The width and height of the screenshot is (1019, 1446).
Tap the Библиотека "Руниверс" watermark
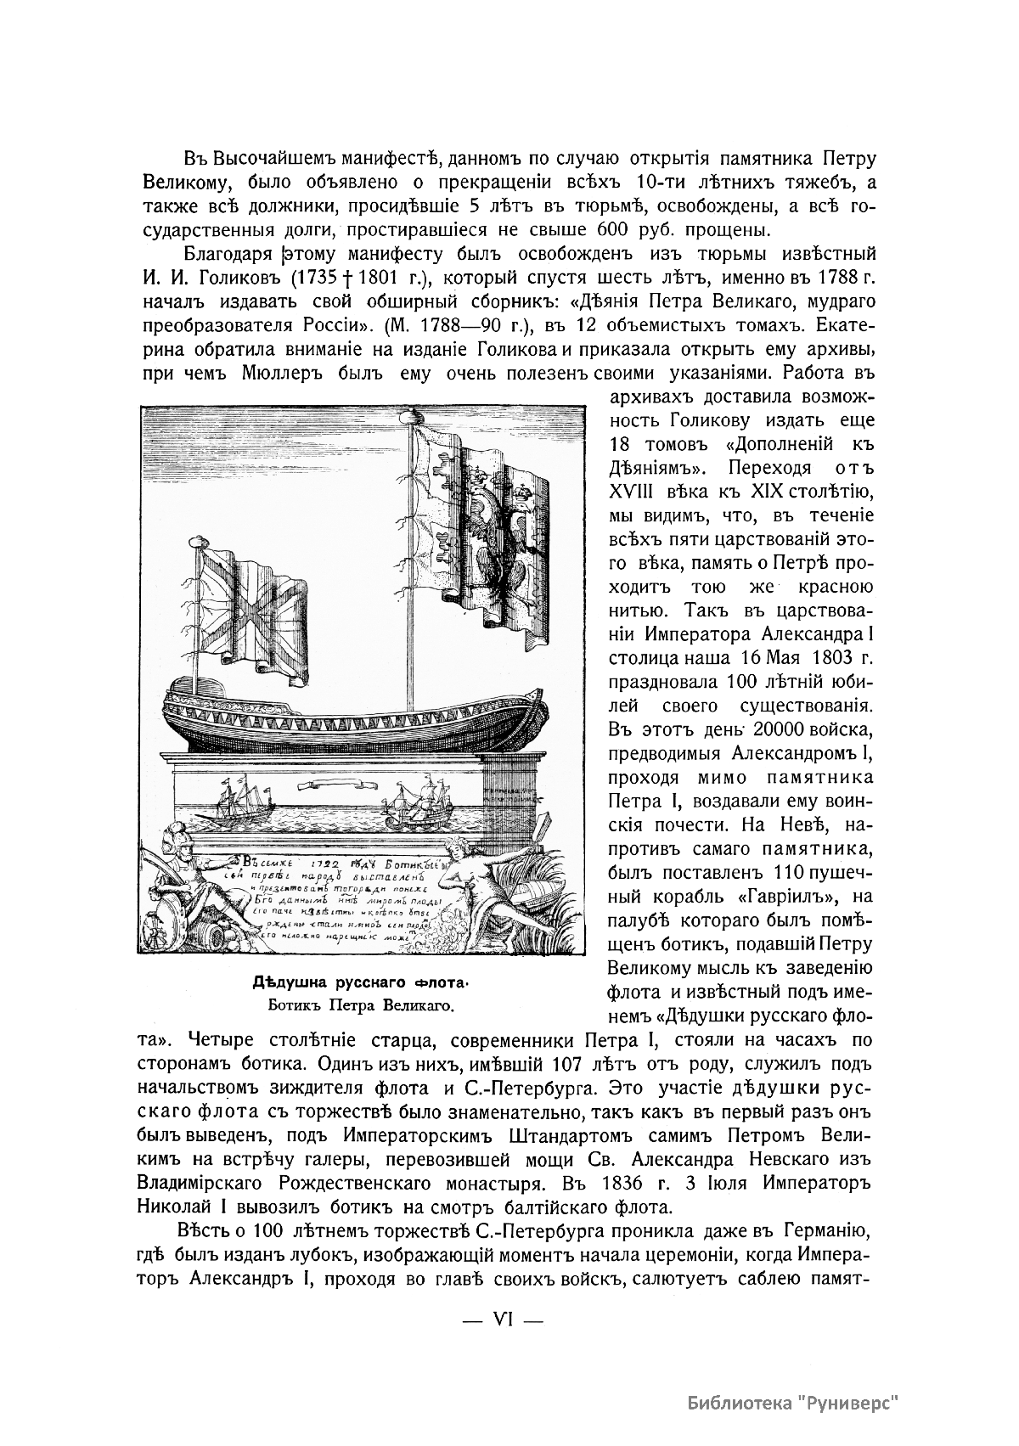click(x=793, y=1403)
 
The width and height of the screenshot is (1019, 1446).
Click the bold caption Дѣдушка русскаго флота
click(x=360, y=983)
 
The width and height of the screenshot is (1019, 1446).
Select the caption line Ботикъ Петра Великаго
click(x=361, y=1007)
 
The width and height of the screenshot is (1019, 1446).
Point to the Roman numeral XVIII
click(x=632, y=492)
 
